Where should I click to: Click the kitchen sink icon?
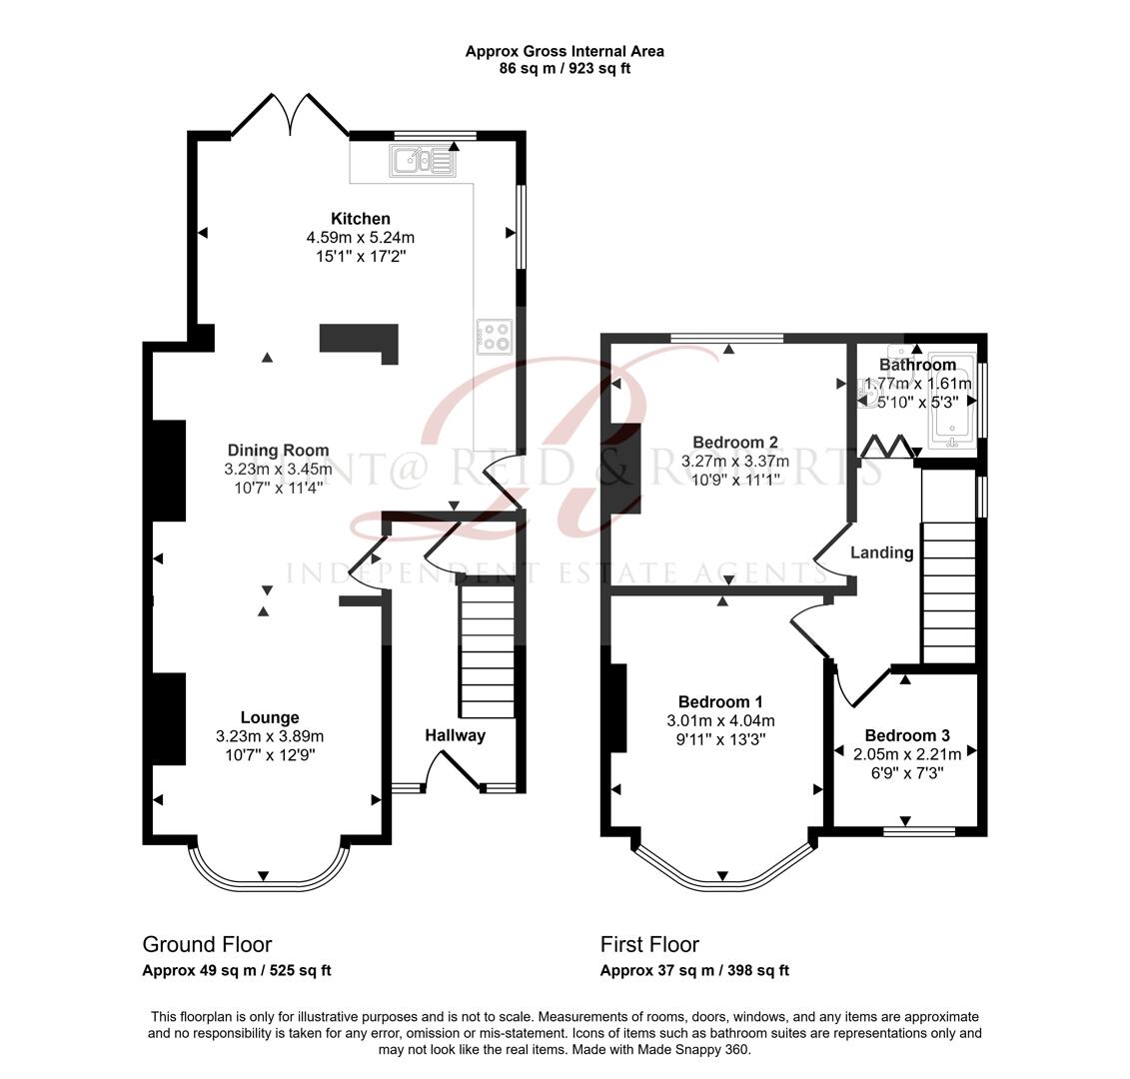(423, 160)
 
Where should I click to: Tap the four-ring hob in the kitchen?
(495, 336)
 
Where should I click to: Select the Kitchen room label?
(361, 219)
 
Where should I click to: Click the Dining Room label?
(278, 451)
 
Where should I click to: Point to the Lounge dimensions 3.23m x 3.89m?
(270, 736)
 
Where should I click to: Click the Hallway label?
(455, 735)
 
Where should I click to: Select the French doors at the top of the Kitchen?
(290, 116)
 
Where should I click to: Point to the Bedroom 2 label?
(735, 443)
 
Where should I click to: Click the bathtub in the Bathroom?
(951, 398)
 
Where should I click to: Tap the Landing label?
(881, 552)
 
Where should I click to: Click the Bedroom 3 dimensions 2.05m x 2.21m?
(906, 754)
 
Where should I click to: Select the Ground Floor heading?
(207, 944)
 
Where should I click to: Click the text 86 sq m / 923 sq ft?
(565, 69)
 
